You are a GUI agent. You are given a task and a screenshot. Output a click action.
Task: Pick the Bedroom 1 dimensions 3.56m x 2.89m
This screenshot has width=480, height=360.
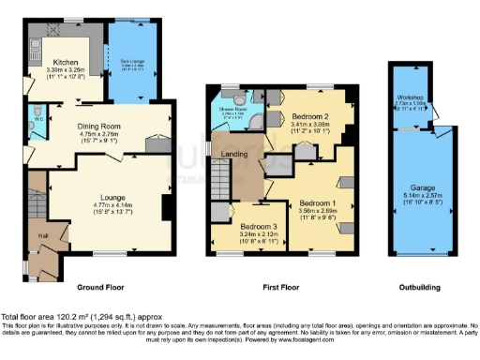click(317, 212)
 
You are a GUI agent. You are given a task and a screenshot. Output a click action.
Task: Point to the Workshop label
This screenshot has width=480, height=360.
click(410, 96)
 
